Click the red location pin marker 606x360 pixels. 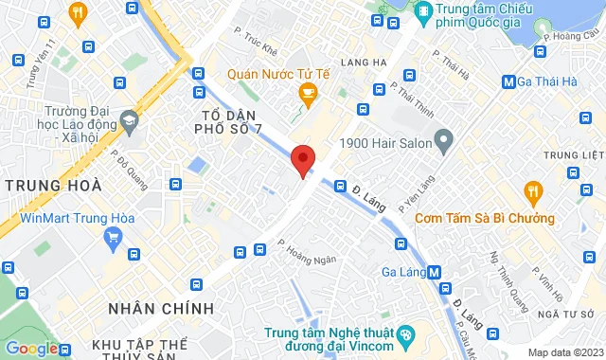(302, 159)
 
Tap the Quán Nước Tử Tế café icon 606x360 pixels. (307, 92)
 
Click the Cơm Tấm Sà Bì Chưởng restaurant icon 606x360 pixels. (535, 193)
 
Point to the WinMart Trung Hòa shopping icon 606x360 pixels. (114, 236)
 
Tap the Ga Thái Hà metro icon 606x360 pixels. (508, 81)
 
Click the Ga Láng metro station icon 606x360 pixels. (435, 272)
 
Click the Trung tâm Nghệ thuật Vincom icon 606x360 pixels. (405, 334)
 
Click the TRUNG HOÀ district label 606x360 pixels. (51, 186)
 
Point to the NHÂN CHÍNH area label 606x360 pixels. (161, 309)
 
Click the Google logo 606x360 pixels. (31, 348)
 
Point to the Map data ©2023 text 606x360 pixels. (564, 352)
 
